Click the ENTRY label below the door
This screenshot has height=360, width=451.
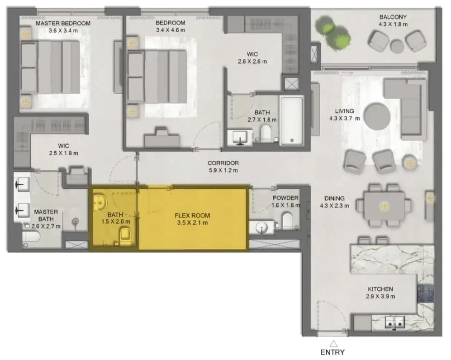coord(332,352)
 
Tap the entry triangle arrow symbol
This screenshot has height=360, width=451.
coord(333,343)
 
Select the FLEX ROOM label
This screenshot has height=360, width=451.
coord(192,216)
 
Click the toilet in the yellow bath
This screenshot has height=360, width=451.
coord(125,236)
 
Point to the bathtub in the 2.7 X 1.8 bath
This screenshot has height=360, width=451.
coord(292,121)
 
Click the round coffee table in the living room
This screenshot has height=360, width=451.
coord(377,117)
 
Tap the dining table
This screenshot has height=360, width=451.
coord(384,206)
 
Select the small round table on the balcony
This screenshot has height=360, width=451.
coord(397,46)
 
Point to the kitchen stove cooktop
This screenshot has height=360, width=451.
coord(425,293)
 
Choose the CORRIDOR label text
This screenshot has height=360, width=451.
coord(223,163)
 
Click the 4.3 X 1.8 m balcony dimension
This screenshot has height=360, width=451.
coord(393,24)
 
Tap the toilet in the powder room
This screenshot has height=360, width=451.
coord(288,221)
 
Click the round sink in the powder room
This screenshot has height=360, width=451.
coord(262,227)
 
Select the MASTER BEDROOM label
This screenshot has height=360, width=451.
coord(63,24)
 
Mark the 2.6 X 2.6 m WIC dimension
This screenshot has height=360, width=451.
coord(252,61)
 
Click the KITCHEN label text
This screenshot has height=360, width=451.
coord(380,289)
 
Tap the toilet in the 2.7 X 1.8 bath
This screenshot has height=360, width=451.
coord(266,133)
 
